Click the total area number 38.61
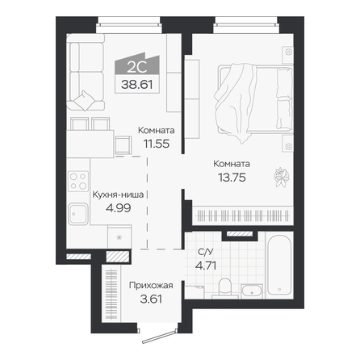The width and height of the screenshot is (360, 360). click(x=136, y=85)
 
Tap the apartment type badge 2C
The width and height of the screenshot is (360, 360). click(x=137, y=67)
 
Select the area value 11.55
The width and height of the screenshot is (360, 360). click(x=157, y=144)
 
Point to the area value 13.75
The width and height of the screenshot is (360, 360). click(x=232, y=178)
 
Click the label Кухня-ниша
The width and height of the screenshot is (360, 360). click(x=118, y=195)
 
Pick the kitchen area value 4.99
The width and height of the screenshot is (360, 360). click(x=119, y=208)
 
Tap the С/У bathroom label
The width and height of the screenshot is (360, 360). click(x=206, y=252)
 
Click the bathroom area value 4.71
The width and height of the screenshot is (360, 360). click(x=206, y=266)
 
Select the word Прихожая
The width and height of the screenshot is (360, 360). click(x=151, y=286)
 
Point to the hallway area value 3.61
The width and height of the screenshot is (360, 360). click(x=151, y=299)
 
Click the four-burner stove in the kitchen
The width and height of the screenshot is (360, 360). click(x=78, y=182)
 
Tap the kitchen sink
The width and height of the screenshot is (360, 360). click(x=78, y=214)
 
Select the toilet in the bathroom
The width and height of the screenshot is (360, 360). click(x=225, y=288)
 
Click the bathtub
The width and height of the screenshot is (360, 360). click(x=279, y=266)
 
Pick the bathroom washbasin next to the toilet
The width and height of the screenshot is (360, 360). click(x=252, y=291)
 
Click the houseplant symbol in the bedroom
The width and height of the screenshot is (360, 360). click(x=282, y=177)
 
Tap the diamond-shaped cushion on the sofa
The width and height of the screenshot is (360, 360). click(x=85, y=101)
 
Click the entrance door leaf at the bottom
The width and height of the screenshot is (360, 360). click(x=160, y=337)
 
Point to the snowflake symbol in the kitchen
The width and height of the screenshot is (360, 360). click(x=119, y=237)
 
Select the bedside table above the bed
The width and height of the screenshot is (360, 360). click(x=287, y=55)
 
